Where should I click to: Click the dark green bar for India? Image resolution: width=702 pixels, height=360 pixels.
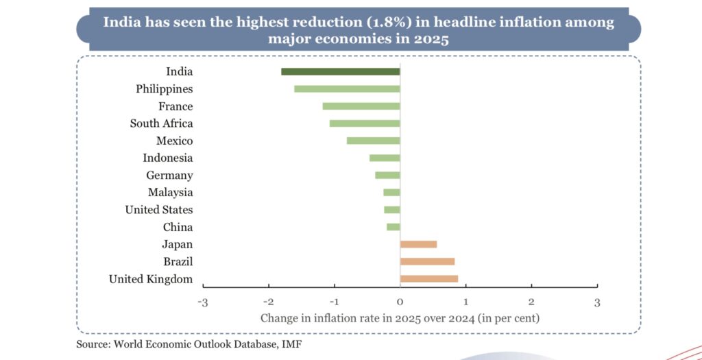(x=340, y=71)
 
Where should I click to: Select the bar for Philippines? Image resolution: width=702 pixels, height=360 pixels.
(x=347, y=88)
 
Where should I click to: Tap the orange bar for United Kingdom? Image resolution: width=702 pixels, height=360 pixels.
(x=429, y=278)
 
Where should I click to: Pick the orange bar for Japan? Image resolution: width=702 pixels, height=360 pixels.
(x=418, y=244)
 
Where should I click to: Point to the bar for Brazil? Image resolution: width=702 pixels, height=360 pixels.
(x=427, y=261)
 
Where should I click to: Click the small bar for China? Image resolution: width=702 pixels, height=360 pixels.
(x=393, y=227)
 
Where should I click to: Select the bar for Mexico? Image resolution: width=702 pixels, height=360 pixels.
(x=373, y=141)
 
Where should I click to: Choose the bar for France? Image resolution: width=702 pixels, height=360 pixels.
(x=361, y=106)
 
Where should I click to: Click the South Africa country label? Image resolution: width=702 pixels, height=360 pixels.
(x=161, y=123)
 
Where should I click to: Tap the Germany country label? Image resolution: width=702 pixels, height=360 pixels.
(x=169, y=176)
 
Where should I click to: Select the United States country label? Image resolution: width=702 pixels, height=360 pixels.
(x=158, y=210)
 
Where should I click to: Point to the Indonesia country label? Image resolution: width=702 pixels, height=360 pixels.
(x=167, y=158)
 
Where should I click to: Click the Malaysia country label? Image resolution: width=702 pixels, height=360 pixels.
(x=170, y=193)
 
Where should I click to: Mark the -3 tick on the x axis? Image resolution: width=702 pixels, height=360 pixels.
(x=203, y=302)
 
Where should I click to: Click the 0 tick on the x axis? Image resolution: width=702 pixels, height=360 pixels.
(x=400, y=302)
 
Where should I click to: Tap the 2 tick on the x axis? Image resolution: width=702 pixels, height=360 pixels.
(x=531, y=302)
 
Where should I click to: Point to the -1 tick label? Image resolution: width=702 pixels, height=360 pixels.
(x=334, y=302)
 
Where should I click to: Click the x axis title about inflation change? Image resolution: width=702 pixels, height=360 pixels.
(x=400, y=318)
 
